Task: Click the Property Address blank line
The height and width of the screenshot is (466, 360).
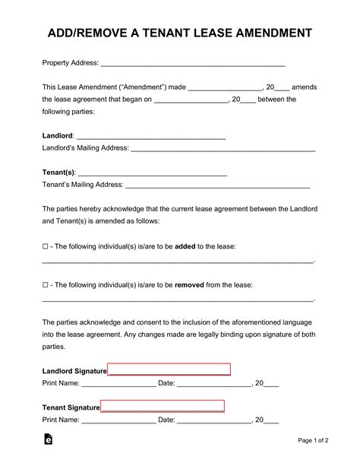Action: pos(193,63)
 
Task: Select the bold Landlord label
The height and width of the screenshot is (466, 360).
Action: pos(58,135)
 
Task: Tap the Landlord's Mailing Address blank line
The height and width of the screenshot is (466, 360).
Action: pos(223,148)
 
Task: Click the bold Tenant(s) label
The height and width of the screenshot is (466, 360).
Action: pos(58,172)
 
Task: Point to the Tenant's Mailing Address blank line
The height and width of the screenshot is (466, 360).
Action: pos(217,185)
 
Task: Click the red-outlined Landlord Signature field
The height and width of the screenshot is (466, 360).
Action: pos(169,370)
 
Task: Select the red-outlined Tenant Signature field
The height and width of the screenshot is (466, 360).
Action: pos(162,407)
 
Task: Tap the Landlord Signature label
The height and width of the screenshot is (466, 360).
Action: pos(74,371)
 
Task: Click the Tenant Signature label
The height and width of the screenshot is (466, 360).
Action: pos(71,407)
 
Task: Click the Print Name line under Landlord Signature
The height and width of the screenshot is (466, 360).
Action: pos(118,383)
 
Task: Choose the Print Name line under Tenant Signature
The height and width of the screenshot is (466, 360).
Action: pos(118,420)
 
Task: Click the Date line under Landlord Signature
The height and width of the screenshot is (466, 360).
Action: pos(214,383)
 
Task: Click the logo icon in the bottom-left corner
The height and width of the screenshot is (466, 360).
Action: pos(48,439)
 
